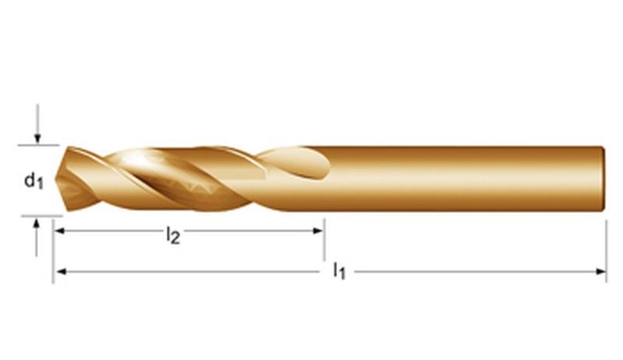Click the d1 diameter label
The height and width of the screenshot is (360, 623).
click(x=32, y=181)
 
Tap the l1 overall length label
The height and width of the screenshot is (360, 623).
click(x=339, y=271)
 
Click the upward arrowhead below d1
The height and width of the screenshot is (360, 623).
click(x=37, y=224)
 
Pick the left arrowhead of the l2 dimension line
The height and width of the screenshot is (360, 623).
click(x=58, y=231)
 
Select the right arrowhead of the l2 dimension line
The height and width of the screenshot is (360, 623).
click(x=319, y=231)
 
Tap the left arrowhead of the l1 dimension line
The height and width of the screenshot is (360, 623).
click(x=58, y=271)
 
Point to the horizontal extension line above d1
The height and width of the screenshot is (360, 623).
click(x=39, y=145)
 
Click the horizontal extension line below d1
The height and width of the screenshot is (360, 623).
click(x=39, y=215)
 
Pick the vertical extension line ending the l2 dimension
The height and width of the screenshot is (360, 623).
click(x=324, y=242)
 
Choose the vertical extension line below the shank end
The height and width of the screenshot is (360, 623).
click(x=607, y=249)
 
